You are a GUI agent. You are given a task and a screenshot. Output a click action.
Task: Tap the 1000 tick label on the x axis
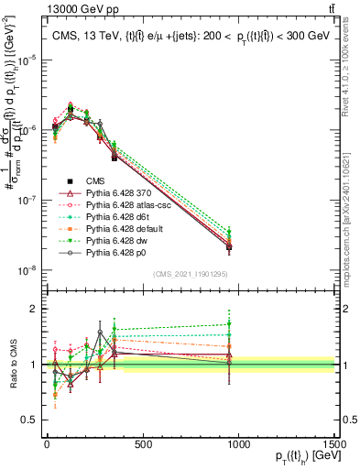click(x=238, y=445)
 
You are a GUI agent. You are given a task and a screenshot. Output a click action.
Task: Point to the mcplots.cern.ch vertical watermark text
click(x=352, y=206)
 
